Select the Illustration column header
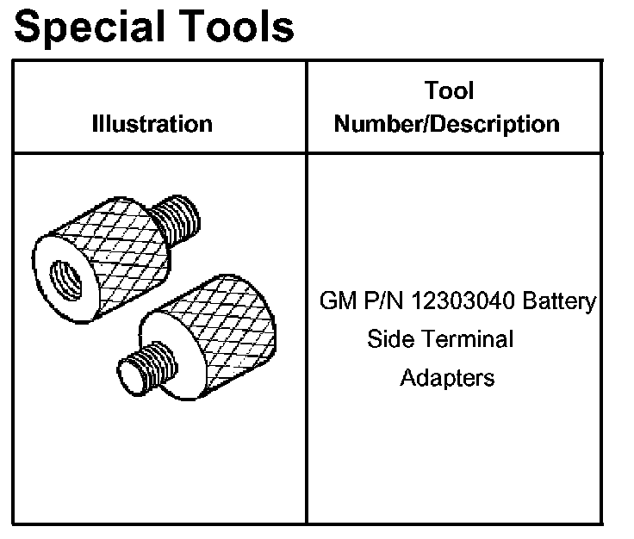pyautogui.click(x=152, y=123)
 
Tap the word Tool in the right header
pyautogui.click(x=449, y=90)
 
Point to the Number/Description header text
pyautogui.click(x=446, y=123)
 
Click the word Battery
pyautogui.click(x=558, y=302)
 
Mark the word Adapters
pyautogui.click(x=447, y=377)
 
